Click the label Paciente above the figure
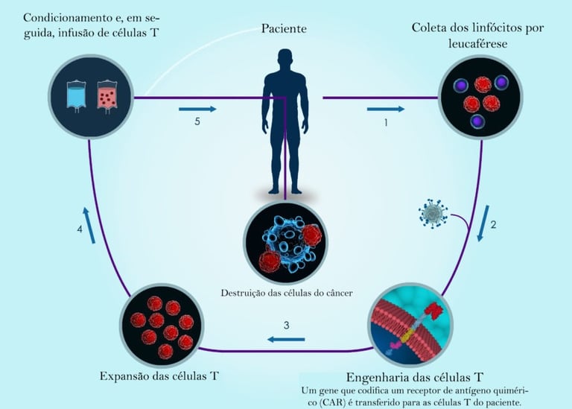[x=283, y=28]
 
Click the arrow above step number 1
[x=386, y=109]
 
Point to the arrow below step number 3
[x=281, y=340]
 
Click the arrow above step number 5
[x=197, y=109]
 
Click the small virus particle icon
[x=433, y=214]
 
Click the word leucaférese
[x=476, y=44]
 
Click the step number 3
[x=286, y=326]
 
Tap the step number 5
[x=197, y=122]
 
